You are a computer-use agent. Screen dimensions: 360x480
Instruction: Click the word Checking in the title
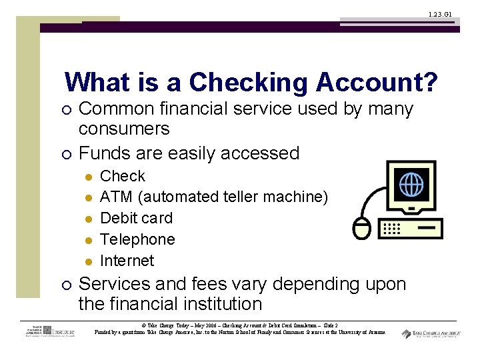[x=249, y=83]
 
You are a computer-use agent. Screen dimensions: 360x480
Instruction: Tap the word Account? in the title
[x=377, y=83]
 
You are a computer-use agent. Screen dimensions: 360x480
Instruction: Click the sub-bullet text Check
[x=122, y=176]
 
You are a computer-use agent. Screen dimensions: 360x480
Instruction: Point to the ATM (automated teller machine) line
[x=214, y=197]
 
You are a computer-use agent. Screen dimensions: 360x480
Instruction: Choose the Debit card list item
[x=136, y=218]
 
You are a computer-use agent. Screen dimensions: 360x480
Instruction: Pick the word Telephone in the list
[x=137, y=239]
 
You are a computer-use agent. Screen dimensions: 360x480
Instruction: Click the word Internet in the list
[x=127, y=261]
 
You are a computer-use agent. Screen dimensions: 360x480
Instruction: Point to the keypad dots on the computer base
[x=391, y=228]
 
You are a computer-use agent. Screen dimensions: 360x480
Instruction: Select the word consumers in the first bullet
[x=124, y=129]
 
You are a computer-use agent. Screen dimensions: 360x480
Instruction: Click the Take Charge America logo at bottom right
[x=431, y=334]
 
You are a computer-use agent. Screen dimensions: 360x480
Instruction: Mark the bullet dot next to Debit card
[x=87, y=219]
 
